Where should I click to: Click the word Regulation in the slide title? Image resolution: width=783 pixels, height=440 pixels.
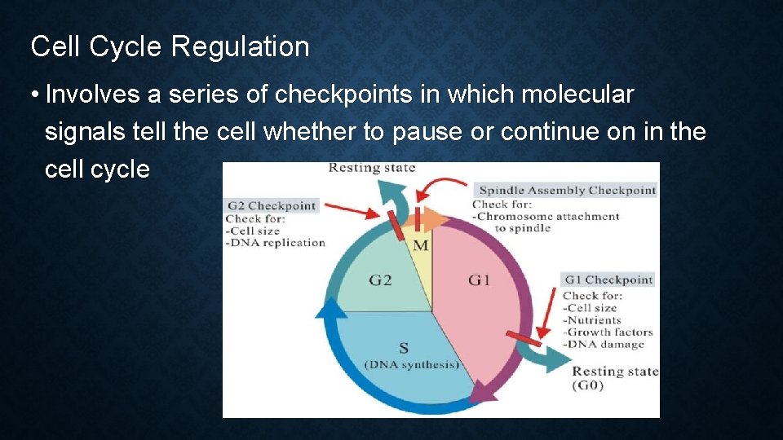pyautogui.click(x=240, y=47)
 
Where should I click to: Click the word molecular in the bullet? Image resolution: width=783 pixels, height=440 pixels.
pyautogui.click(x=577, y=95)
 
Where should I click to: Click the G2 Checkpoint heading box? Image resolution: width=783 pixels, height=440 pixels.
pyautogui.click(x=271, y=205)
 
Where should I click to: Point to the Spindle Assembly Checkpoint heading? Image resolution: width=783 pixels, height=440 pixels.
pyautogui.click(x=567, y=190)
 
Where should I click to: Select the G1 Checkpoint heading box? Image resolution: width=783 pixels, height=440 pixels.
pyautogui.click(x=608, y=279)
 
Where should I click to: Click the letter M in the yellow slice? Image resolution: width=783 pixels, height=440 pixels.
pyautogui.click(x=421, y=245)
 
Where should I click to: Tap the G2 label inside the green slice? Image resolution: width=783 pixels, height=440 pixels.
pyautogui.click(x=380, y=280)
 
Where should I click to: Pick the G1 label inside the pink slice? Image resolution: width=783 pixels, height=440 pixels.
pyautogui.click(x=480, y=280)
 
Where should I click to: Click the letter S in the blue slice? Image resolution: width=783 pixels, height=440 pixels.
pyautogui.click(x=403, y=349)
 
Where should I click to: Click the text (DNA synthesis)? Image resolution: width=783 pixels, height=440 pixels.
pyautogui.click(x=411, y=364)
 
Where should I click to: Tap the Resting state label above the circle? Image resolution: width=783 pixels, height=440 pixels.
pyautogui.click(x=371, y=168)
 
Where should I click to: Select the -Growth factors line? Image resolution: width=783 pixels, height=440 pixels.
pyautogui.click(x=608, y=332)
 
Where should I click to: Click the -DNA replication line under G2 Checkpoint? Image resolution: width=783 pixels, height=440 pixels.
pyautogui.click(x=276, y=242)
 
